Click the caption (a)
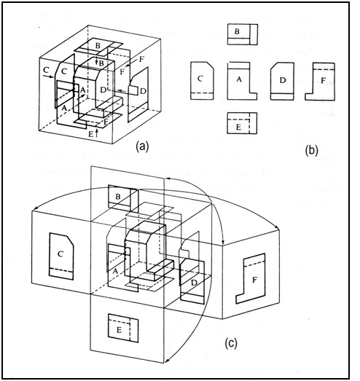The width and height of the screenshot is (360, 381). point(142,146)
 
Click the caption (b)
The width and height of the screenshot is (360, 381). point(312,151)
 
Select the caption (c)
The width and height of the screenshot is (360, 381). point(231,343)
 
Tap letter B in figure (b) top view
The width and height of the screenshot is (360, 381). point(237,31)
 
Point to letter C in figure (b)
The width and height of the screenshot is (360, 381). point(200,79)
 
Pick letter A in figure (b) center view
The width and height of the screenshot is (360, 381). point(239,79)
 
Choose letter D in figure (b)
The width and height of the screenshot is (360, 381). point(282,80)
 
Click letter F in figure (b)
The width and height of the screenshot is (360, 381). point(323,80)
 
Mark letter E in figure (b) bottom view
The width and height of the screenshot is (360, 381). point(238,127)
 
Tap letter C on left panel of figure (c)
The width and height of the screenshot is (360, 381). point(60,254)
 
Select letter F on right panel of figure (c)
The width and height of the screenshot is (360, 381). point(254,280)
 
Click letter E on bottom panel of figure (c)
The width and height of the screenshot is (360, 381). point(119,330)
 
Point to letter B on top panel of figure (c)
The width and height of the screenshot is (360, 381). point(118,197)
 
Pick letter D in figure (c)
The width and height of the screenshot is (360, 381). point(194,283)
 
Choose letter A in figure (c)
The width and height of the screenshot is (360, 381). point(115,271)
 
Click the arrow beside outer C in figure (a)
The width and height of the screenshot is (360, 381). point(48,76)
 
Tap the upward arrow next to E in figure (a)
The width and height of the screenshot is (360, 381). point(97,133)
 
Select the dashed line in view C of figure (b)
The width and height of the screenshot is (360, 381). point(202,93)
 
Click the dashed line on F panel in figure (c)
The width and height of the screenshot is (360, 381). point(254,264)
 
